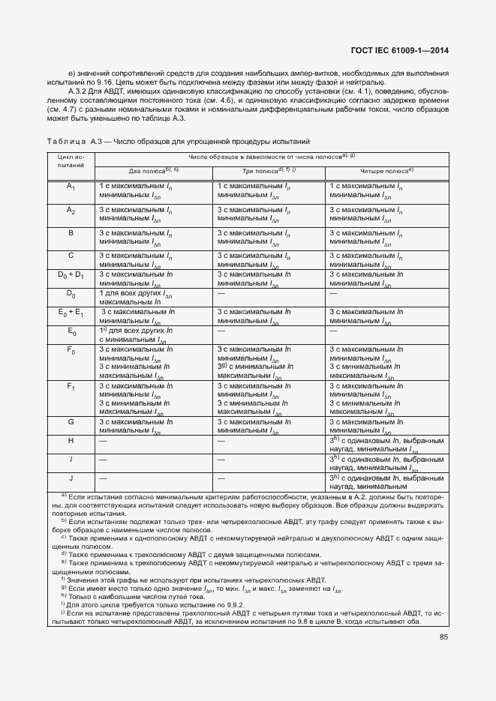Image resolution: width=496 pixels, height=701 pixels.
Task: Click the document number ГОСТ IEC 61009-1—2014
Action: click(x=401, y=50)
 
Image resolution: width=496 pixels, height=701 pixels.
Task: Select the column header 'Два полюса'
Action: click(x=152, y=171)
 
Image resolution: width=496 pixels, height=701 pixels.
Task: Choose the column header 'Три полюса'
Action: click(x=269, y=171)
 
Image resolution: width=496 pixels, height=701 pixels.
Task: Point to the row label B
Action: click(x=71, y=233)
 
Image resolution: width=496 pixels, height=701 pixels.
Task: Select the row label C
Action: click(x=71, y=256)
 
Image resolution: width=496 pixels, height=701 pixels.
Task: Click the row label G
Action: click(x=71, y=422)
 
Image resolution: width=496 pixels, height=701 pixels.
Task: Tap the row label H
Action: click(x=71, y=441)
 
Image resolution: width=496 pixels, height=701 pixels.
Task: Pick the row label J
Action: click(x=71, y=477)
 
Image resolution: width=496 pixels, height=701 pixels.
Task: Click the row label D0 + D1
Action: click(x=71, y=274)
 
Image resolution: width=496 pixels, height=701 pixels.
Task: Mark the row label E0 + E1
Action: click(x=71, y=311)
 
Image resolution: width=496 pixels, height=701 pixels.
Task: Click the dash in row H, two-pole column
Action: click(x=102, y=441)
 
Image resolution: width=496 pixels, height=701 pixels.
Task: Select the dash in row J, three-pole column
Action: click(x=221, y=477)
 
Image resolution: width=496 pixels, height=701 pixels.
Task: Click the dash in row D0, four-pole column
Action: click(x=333, y=293)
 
